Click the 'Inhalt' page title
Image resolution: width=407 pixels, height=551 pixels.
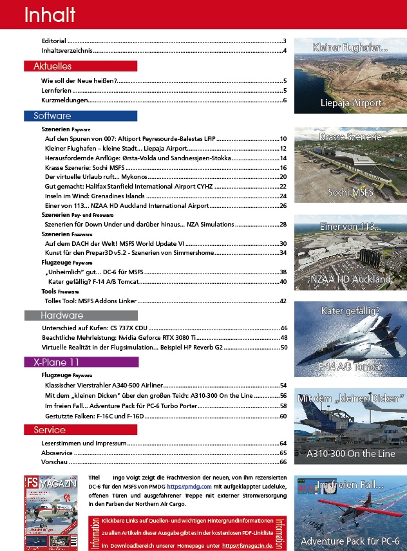[x=50, y=15]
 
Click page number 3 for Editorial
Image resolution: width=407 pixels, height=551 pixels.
[x=284, y=41]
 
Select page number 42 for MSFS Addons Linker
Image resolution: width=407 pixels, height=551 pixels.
[x=283, y=301]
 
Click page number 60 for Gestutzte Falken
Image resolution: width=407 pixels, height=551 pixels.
[x=283, y=416]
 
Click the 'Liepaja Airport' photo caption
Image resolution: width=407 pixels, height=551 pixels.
[x=351, y=103]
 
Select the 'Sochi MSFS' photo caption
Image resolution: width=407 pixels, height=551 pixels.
[x=351, y=192]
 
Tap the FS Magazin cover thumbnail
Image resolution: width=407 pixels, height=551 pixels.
[x=52, y=512]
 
